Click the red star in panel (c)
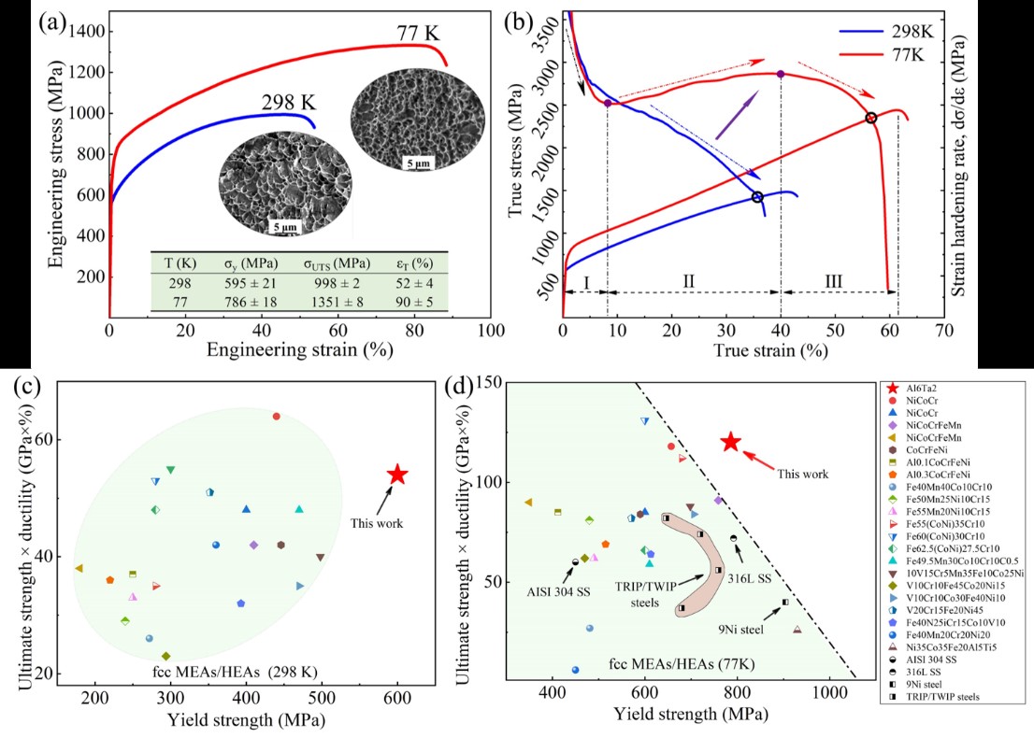397,475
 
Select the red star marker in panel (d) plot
731,442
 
